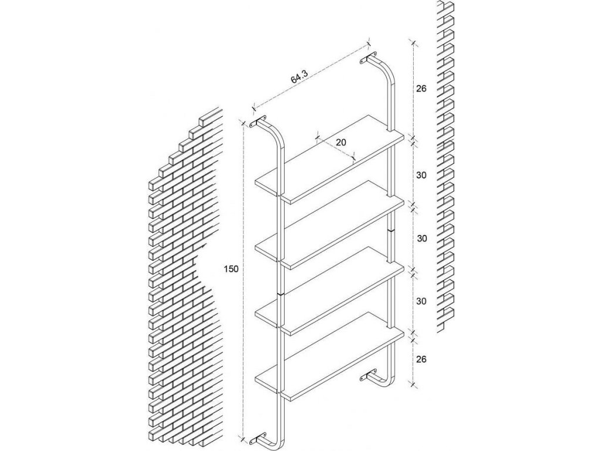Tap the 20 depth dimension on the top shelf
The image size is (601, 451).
(340, 142)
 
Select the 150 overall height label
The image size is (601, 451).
(231, 269)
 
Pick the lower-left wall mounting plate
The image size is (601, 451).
(258, 438)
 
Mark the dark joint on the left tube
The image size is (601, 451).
(281, 292)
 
